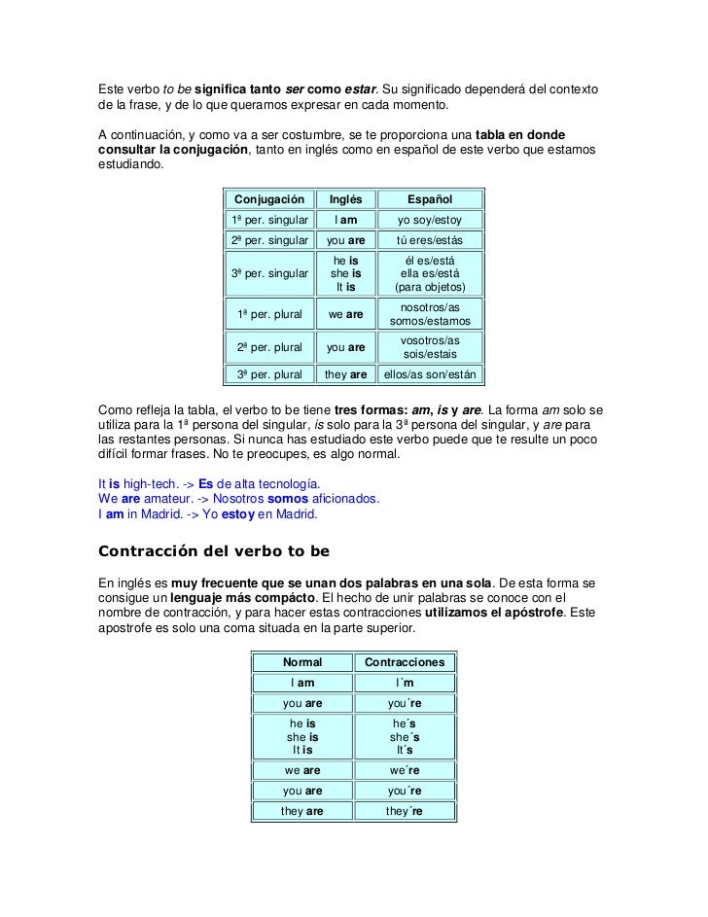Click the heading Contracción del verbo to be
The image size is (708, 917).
[x=214, y=550]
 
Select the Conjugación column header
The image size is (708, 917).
[x=268, y=199]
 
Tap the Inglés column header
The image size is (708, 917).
[x=345, y=199]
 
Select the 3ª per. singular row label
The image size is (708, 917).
[x=268, y=274]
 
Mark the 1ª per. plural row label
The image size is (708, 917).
[x=268, y=314]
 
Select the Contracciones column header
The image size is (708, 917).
[x=404, y=663]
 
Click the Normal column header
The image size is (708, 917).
[x=303, y=663]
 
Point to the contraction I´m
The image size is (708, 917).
[x=404, y=684]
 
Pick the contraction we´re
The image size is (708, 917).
[x=404, y=771]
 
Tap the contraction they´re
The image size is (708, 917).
[x=404, y=812]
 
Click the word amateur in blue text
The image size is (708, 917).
[x=161, y=499]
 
